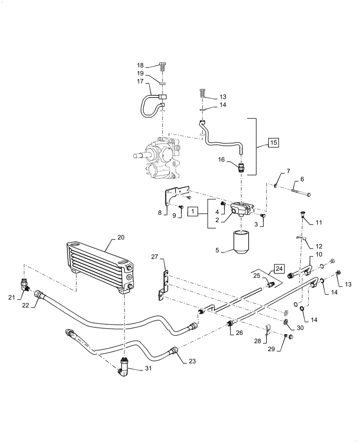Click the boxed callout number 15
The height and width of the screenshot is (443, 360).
(x=274, y=143)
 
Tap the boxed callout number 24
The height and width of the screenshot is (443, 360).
(x=278, y=268)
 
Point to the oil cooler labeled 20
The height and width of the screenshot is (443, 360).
(x=100, y=267)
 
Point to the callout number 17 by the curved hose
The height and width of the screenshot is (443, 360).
(x=141, y=82)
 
